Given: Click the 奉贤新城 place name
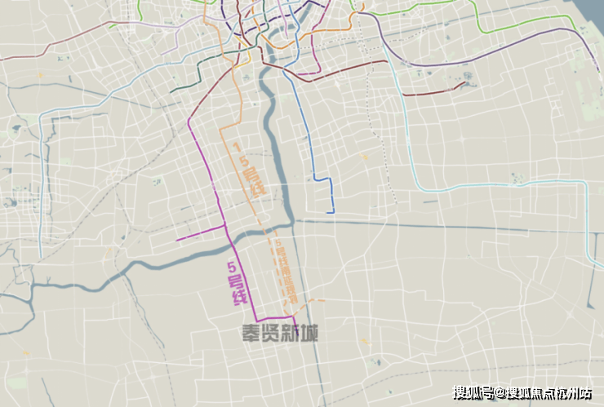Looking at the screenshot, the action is point(279,333).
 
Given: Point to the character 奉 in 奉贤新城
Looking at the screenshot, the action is point(251,333).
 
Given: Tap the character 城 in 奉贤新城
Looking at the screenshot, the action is point(309,333).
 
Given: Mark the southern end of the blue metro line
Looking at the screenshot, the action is point(333,212).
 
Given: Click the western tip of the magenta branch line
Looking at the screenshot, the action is point(177,240).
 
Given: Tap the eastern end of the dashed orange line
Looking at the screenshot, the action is point(324,300).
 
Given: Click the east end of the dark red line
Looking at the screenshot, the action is point(466,82).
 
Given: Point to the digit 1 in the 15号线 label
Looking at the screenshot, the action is point(237,148).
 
